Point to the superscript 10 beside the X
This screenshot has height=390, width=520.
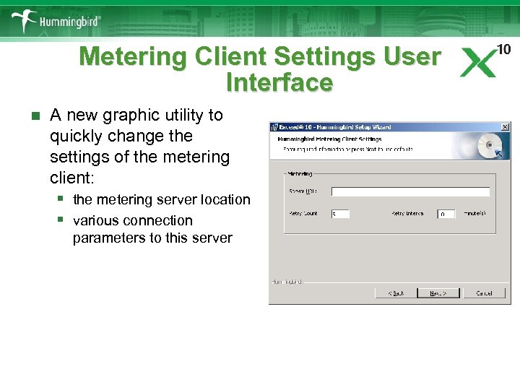pyautogui.click(x=504, y=49)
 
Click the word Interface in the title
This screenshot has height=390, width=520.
pyautogui.click(x=279, y=82)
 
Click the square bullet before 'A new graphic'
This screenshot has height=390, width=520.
pyautogui.click(x=28, y=116)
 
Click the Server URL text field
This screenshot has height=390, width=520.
pyautogui.click(x=410, y=191)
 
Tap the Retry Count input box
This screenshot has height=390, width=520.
pyautogui.click(x=340, y=214)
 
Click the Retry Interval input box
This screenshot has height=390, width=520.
pyautogui.click(x=446, y=214)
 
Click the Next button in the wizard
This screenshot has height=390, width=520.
pyautogui.click(x=438, y=293)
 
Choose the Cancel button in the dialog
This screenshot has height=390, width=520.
pyautogui.click(x=484, y=293)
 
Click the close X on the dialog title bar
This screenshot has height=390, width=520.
pyautogui.click(x=503, y=126)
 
